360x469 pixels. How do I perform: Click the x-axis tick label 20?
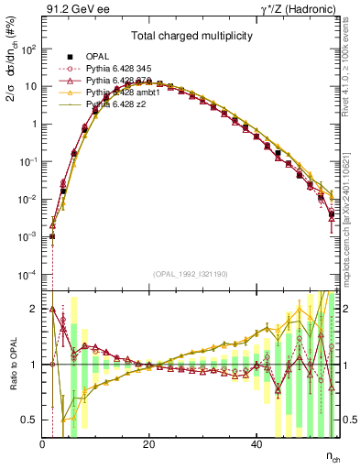(149, 443)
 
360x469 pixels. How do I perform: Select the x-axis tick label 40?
(256, 443)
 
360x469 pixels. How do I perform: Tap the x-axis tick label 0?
(42, 443)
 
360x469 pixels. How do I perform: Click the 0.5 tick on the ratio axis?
(29, 420)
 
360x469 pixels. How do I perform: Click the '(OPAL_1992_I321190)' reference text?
(191, 274)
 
